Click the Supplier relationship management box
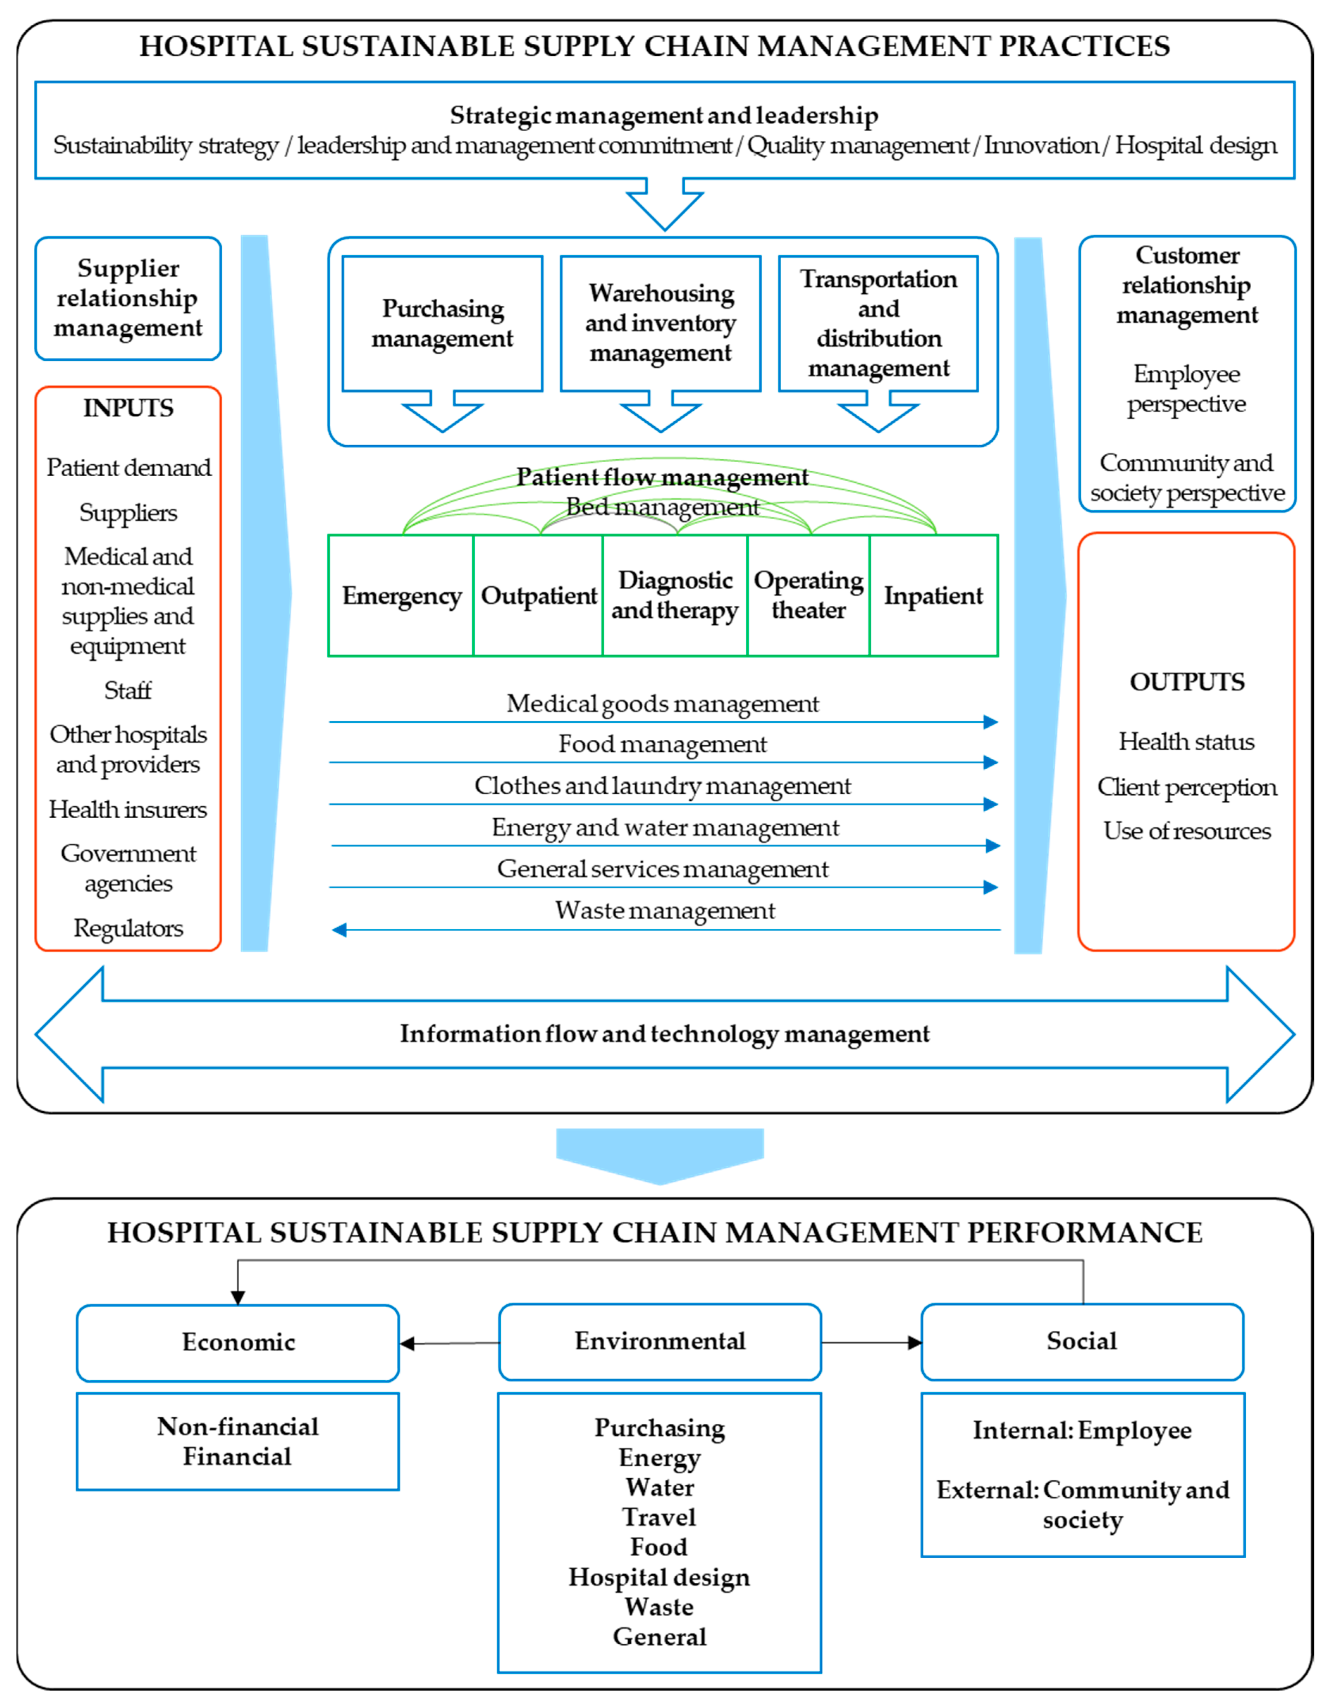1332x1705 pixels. (128, 298)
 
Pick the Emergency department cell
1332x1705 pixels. (401, 596)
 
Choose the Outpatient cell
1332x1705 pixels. (538, 596)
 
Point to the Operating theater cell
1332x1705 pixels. (808, 596)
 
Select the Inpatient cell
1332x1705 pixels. (933, 596)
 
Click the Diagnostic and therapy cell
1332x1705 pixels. (675, 596)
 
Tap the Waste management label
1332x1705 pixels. (665, 910)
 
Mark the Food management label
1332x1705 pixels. (662, 744)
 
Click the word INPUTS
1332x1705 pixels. (128, 408)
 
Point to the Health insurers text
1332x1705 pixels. (128, 809)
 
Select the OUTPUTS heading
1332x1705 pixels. (1187, 682)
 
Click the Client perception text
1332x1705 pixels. (1187, 787)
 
